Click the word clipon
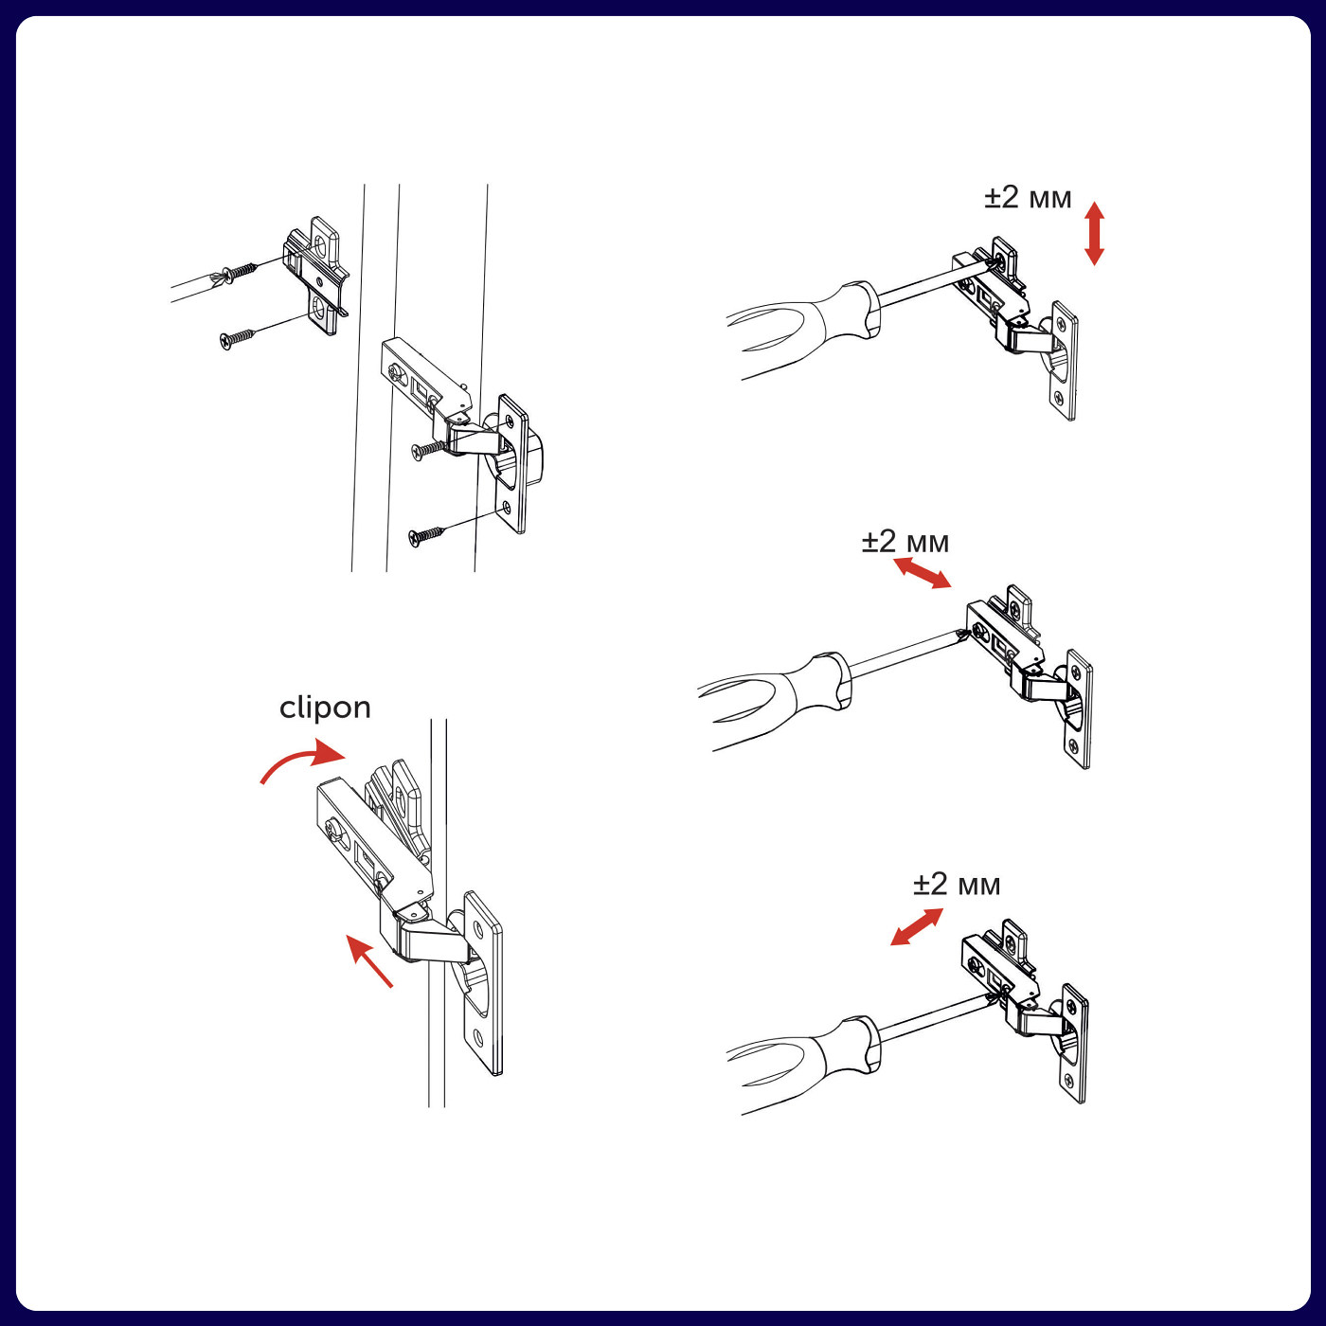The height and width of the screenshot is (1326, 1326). pos(325,708)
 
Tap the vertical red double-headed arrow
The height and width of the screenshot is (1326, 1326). pos(1094,233)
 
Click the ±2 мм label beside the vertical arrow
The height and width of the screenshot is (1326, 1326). pos(1028,198)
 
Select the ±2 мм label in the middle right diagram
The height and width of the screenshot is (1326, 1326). pos(905,542)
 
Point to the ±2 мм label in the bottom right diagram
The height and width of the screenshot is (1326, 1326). pos(957,885)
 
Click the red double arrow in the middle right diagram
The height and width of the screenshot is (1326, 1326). pos(923,573)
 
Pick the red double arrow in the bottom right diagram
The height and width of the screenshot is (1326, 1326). pos(917,926)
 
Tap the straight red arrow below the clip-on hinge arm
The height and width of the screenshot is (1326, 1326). pos(368,961)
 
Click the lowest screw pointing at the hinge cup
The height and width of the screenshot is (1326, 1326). pos(426,535)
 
